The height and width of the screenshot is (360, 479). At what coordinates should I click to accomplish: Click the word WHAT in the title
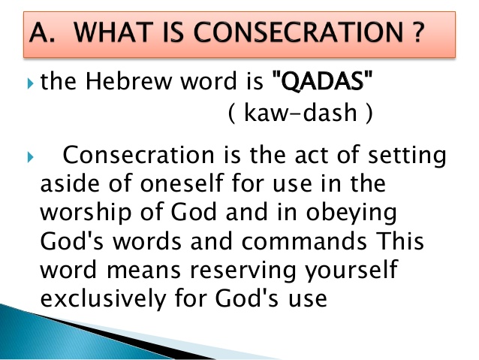[x=114, y=32]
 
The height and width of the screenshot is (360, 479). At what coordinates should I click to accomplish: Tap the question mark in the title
[x=417, y=32]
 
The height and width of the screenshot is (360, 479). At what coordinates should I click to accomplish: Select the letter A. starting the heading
[x=43, y=32]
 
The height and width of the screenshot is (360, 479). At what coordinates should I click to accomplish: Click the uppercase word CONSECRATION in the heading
[x=298, y=32]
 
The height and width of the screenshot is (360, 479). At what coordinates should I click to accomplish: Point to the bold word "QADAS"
[x=322, y=80]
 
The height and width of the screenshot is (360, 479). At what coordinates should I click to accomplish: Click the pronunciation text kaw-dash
[x=300, y=113]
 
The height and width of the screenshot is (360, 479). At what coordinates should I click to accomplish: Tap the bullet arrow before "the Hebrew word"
[x=30, y=83]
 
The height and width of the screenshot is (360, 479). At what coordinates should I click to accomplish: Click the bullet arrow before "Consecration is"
[x=30, y=157]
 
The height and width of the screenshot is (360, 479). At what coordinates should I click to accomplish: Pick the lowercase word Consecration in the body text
[x=138, y=155]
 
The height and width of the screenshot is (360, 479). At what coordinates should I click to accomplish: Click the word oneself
[x=182, y=183]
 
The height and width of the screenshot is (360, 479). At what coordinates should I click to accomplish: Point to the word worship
[x=86, y=213]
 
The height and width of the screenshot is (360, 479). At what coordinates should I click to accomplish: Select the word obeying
[x=351, y=213]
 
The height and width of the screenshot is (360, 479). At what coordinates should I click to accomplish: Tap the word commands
[x=304, y=241]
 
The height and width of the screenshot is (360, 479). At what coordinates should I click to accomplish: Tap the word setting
[x=407, y=156]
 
